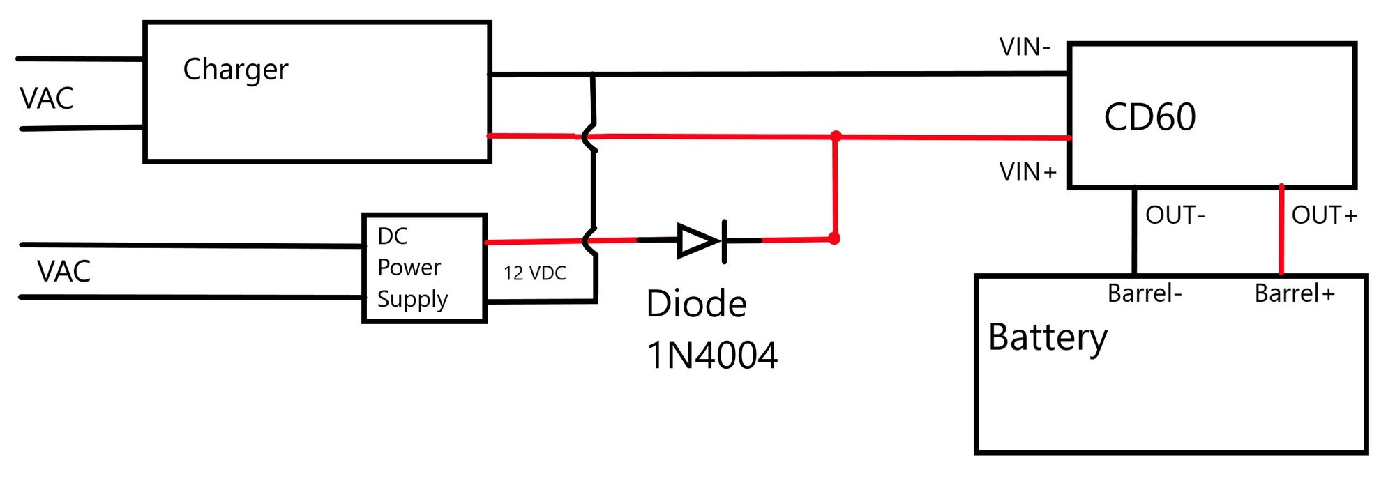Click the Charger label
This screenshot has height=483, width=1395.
tap(235, 70)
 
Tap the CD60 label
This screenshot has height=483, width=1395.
tap(1149, 117)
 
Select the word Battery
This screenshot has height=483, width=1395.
tap(1047, 338)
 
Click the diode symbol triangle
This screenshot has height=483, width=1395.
tap(698, 241)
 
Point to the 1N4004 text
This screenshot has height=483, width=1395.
tap(711, 355)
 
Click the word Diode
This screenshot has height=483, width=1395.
tap(696, 304)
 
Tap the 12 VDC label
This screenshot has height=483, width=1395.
tap(534, 273)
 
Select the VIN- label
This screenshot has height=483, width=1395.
tap(1024, 47)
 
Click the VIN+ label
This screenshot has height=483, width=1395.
tap(1027, 171)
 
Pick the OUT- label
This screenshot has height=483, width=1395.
tap(1175, 215)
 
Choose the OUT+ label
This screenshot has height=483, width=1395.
tap(1323, 215)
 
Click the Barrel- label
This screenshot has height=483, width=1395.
tap(1144, 293)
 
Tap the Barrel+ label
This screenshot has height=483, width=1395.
tap(1294, 293)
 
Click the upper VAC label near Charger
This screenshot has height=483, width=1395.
tap(47, 98)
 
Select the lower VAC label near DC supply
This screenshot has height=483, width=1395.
tap(63, 271)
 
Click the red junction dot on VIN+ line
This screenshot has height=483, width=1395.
tap(836, 136)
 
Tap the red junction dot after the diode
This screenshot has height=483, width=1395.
tap(834, 239)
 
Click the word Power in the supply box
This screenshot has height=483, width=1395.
tap(409, 268)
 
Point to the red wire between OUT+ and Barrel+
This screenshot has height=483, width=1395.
tap(1281, 230)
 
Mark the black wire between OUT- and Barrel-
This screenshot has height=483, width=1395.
tap(1134, 230)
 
